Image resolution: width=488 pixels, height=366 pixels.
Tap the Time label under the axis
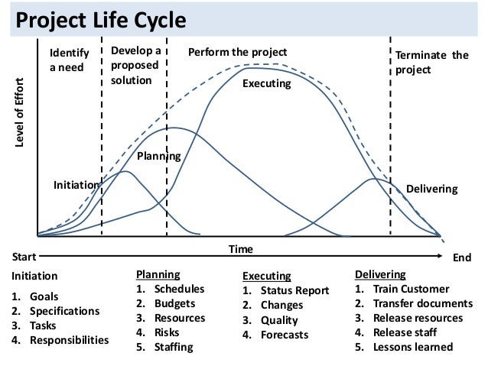coord(242,249)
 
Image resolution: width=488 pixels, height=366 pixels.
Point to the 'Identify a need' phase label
coord(69,60)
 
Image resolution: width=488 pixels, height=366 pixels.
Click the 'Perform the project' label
coord(237,53)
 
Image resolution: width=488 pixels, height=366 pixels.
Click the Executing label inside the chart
coord(267,83)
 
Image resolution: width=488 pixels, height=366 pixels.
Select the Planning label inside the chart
coord(158,157)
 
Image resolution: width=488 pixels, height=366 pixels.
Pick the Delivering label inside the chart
coord(431,188)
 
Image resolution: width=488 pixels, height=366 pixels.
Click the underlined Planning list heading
coord(158,274)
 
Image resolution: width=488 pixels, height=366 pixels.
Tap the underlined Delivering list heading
coord(381,274)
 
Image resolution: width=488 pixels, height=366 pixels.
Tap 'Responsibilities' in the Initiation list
coord(70,340)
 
